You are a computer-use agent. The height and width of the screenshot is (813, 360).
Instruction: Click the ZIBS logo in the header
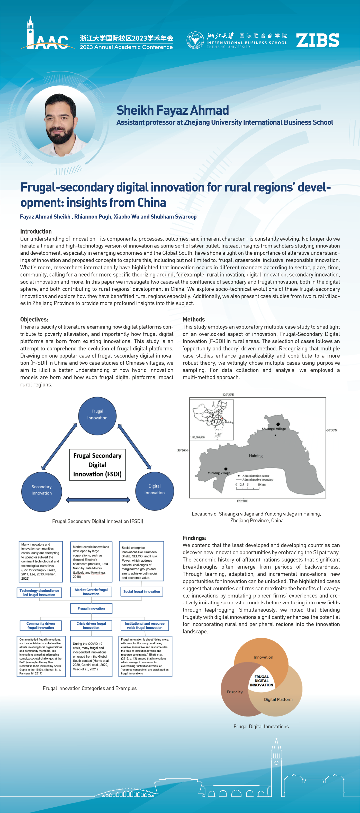pyautogui.click(x=317, y=40)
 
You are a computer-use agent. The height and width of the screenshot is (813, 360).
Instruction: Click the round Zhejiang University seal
pyautogui.click(x=195, y=40)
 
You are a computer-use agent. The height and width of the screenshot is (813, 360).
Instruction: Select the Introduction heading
pyautogui.click(x=36, y=231)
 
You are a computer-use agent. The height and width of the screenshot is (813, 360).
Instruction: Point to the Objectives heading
pyautogui.click(x=34, y=319)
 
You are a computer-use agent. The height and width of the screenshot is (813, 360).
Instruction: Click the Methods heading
pyautogui.click(x=193, y=319)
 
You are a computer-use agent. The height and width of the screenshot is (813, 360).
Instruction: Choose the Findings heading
pyautogui.click(x=194, y=538)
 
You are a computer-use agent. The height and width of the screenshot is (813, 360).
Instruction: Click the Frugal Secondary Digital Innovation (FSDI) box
pyautogui.click(x=97, y=465)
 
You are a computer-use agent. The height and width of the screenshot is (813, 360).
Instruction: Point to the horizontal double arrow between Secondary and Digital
pyautogui.click(x=98, y=500)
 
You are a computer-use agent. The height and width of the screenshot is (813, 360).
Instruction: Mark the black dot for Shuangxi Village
pyautogui.click(x=278, y=424)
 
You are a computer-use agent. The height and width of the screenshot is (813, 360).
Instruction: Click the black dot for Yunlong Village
pyautogui.click(x=226, y=469)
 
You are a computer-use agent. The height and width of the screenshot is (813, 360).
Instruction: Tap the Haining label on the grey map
pyautogui.click(x=256, y=456)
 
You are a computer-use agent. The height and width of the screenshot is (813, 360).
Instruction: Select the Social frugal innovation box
pyautogui.click(x=141, y=591)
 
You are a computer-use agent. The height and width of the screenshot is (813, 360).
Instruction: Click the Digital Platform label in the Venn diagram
pyautogui.click(x=278, y=699)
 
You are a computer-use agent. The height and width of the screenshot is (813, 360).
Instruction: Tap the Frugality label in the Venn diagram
pyautogui.click(x=235, y=692)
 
